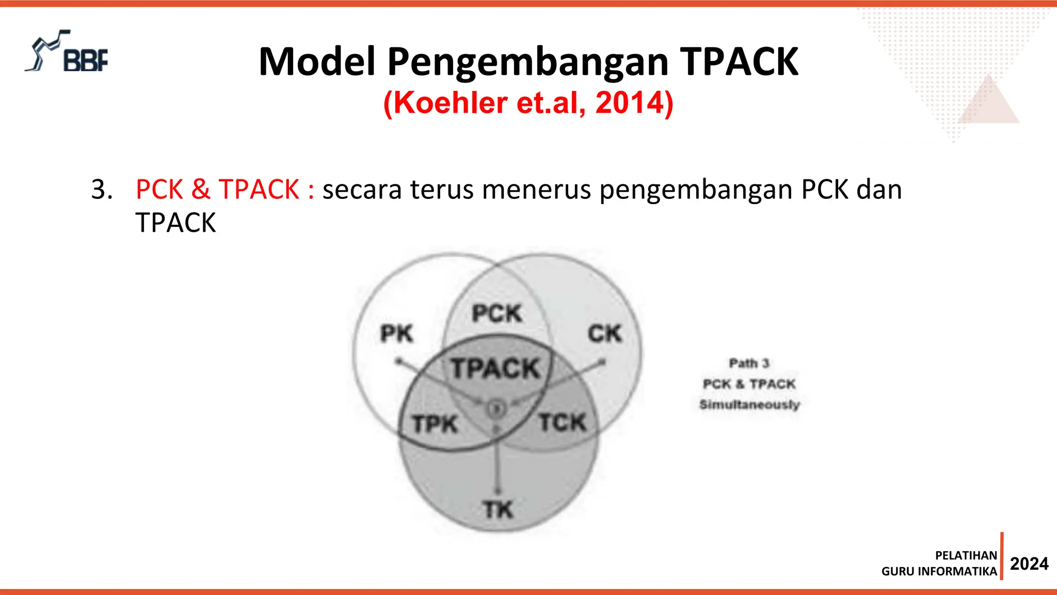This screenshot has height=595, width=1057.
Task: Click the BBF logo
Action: [67, 52]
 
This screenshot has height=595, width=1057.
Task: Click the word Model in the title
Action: [317, 62]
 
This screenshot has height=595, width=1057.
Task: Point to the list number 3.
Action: [102, 190]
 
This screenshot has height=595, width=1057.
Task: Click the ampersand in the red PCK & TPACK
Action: [201, 190]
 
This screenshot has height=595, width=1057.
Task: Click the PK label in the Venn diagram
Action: [396, 334]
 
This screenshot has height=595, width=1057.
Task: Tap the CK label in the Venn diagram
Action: [605, 334]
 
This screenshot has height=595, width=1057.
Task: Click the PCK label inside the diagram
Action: [497, 314]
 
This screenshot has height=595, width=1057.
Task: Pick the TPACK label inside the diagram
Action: [495, 369]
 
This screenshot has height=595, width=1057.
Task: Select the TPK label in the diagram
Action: [435, 425]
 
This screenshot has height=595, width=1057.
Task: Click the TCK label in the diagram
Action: [563, 423]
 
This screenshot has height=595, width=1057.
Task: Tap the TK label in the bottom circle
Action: [498, 510]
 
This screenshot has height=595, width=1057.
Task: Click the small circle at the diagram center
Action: [497, 409]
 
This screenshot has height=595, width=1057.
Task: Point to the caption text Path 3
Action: [749, 364]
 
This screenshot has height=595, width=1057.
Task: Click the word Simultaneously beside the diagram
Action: [749, 404]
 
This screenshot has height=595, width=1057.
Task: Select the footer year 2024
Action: [1029, 563]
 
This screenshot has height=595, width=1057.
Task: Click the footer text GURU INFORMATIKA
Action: [939, 571]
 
